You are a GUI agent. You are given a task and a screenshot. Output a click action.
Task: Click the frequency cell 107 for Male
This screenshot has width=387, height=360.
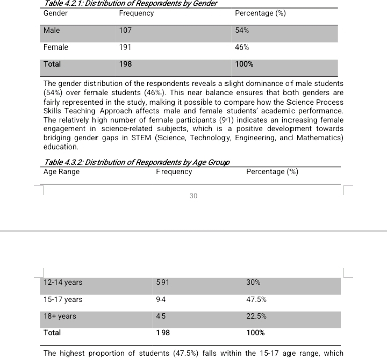125,31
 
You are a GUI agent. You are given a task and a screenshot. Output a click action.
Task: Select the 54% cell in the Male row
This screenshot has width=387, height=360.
242,31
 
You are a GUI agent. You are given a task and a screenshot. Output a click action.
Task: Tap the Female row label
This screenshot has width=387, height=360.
55,47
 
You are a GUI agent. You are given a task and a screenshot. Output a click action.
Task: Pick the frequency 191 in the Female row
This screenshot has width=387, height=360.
125,47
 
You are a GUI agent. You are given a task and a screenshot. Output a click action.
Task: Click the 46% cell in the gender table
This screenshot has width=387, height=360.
242,47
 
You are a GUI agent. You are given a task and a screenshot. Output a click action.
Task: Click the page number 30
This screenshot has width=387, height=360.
193,196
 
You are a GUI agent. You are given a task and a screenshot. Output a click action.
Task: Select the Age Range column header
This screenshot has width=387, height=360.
61,172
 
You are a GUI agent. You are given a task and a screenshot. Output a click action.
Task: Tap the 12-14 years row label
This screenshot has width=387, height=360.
63,282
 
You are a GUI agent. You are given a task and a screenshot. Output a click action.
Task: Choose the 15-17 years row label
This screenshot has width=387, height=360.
63,299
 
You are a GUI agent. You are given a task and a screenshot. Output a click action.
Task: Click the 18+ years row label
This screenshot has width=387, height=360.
60,316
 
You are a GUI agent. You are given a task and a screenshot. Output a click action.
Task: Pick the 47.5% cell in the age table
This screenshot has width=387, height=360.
256,299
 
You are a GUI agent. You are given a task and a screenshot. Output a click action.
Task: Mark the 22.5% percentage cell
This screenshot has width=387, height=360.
256,316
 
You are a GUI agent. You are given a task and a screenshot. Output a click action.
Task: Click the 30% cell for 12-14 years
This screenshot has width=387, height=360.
253,282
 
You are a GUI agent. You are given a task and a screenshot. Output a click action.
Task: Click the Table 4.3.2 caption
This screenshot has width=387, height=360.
137,163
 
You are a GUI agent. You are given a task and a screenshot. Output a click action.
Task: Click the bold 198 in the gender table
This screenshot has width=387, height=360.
125,64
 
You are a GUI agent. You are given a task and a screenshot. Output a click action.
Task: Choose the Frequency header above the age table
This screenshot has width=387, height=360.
174,172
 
